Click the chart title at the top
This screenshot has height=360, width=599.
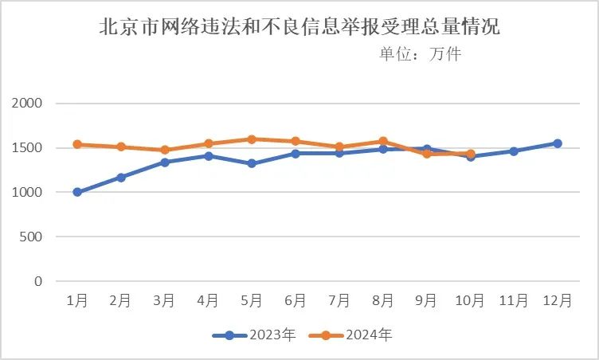(x=299, y=28)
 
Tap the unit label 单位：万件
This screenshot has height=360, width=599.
(x=420, y=54)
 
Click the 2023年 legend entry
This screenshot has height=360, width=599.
(x=256, y=335)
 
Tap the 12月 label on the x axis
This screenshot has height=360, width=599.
(x=557, y=301)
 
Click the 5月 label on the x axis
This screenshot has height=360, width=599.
(x=252, y=301)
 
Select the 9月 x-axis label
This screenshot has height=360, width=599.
(x=426, y=301)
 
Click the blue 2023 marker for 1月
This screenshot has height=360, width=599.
(x=77, y=192)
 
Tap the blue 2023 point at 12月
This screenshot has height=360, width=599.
(x=558, y=143)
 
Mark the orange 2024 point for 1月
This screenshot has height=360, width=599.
(x=77, y=144)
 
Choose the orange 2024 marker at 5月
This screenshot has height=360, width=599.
(x=252, y=139)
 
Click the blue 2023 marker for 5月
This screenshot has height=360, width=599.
(x=252, y=163)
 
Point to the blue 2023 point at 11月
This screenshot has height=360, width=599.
(x=514, y=151)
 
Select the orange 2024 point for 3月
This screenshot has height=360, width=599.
(x=165, y=150)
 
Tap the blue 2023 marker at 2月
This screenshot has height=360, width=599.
(x=121, y=178)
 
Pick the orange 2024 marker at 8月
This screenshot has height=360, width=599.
(x=383, y=141)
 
